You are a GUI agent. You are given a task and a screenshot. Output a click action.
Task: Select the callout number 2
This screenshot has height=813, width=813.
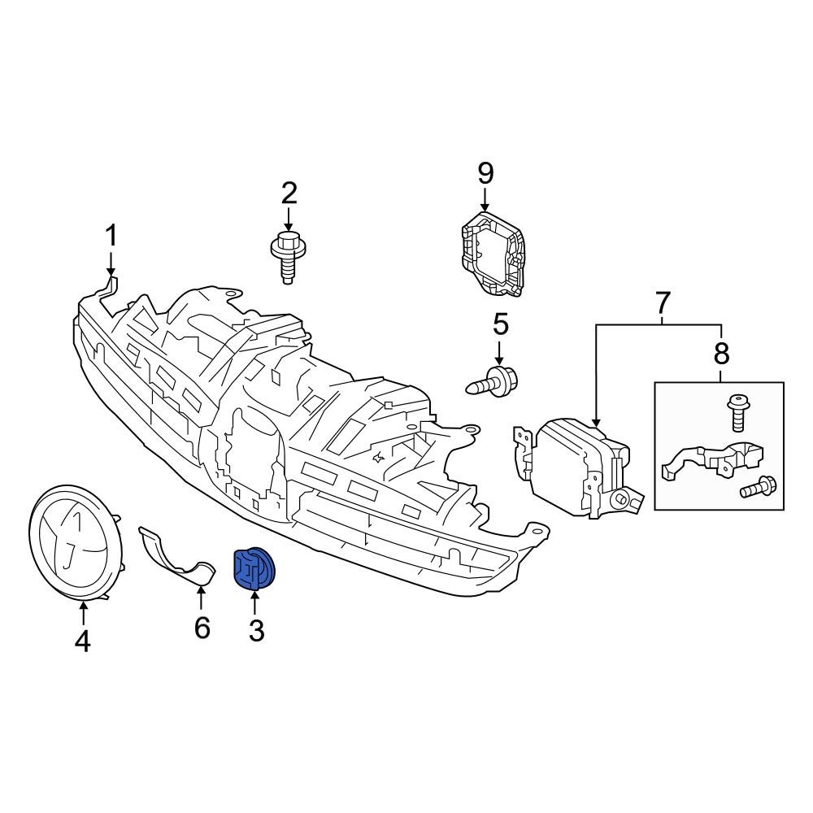pyautogui.click(x=289, y=193)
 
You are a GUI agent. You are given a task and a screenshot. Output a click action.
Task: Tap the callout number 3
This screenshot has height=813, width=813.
pyautogui.click(x=256, y=629)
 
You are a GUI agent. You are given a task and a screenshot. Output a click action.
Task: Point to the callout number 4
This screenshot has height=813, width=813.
pyautogui.click(x=82, y=641)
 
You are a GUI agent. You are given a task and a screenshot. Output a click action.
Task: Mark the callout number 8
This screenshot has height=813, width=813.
pyautogui.click(x=721, y=353)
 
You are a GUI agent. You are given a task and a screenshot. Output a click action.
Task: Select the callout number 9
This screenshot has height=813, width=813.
pyautogui.click(x=485, y=172)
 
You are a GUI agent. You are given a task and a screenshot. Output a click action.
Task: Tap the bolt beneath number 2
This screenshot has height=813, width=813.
pyautogui.click(x=286, y=254)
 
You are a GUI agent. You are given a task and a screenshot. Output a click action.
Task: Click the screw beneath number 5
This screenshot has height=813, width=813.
pyautogui.click(x=494, y=380)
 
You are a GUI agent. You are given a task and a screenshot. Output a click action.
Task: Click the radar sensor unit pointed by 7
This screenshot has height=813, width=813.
pyautogui.click(x=581, y=467)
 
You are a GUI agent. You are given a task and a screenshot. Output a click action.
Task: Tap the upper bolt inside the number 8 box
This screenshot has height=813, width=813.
pyautogui.click(x=738, y=412)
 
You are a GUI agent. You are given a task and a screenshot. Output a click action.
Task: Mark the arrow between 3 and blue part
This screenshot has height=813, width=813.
pyautogui.click(x=255, y=603)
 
